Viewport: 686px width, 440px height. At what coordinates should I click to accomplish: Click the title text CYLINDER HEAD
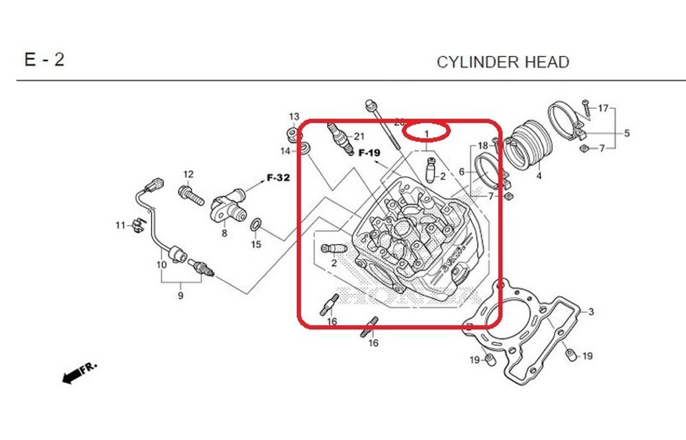pos(503,62)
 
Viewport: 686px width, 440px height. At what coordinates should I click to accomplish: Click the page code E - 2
pos(45,60)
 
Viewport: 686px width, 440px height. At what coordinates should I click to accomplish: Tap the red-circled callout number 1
pos(426,133)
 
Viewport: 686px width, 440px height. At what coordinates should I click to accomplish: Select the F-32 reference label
pos(278,178)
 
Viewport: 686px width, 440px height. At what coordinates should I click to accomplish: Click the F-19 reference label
pos(369,152)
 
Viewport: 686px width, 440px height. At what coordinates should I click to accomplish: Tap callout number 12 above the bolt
pos(188,174)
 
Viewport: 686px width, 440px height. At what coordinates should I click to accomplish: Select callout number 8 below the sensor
pos(224,234)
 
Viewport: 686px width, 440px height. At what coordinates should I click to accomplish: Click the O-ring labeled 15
pos(255,225)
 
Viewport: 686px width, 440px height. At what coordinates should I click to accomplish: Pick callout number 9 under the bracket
pos(180,296)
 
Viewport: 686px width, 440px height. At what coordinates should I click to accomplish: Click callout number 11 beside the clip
pos(120,225)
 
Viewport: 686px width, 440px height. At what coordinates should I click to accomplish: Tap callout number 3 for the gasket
pos(591,313)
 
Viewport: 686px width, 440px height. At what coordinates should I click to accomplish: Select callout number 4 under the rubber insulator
pos(539,176)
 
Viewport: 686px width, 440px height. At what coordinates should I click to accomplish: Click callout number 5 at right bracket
pos(626,134)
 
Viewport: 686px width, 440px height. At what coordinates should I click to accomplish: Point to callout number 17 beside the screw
pos(603,108)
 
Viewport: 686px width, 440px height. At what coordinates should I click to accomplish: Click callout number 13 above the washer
pos(294,117)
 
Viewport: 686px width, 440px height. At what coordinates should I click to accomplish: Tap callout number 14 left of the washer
pos(285,151)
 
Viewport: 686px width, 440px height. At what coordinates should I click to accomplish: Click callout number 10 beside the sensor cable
pos(161,265)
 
